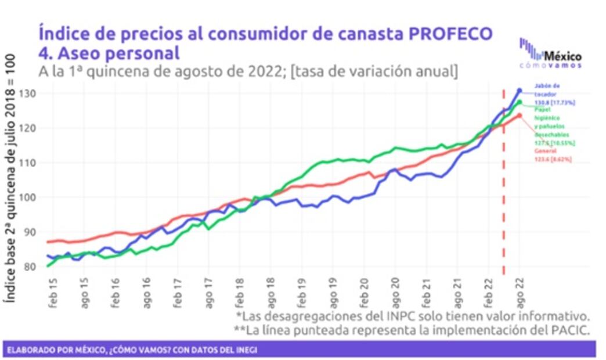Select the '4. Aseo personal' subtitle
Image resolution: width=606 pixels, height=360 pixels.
point(109,53)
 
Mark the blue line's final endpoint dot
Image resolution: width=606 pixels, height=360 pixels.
point(520,91)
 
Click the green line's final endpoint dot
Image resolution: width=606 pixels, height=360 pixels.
point(520,102)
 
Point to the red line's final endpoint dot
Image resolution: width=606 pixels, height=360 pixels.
point(520,116)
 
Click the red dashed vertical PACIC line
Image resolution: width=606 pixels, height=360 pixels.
point(503,186)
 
